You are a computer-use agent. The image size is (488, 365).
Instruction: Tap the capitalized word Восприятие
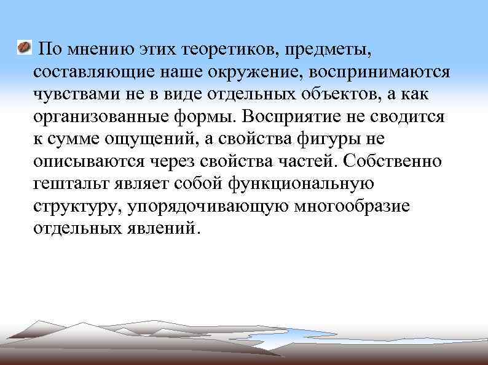coord(289,117)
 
